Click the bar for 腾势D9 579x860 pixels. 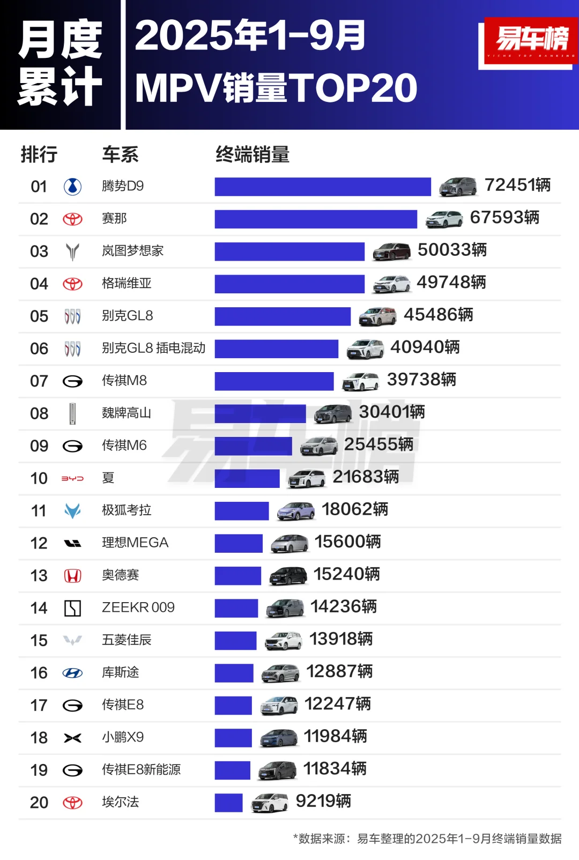[323, 187]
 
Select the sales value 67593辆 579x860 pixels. [504, 218]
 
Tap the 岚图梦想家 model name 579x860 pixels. [132, 251]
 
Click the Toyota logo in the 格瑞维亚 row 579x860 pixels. [72, 284]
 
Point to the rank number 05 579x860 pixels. [39, 316]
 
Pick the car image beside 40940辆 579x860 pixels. [365, 349]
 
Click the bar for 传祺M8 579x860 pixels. [274, 381]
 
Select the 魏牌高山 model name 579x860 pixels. [126, 413]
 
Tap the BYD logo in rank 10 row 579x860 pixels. [72, 478]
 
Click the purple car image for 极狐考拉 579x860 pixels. [295, 511]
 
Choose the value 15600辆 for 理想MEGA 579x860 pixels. [347, 542]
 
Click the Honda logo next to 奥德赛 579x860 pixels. [72, 576]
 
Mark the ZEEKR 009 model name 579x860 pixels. [138, 607]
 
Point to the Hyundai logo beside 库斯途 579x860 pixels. [72, 673]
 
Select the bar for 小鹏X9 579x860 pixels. [233, 738]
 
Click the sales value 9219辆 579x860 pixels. [323, 802]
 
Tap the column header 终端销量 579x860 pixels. [253, 154]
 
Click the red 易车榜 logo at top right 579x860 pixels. [531, 41]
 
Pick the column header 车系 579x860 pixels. [120, 154]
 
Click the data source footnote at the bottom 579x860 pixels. [427, 839]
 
